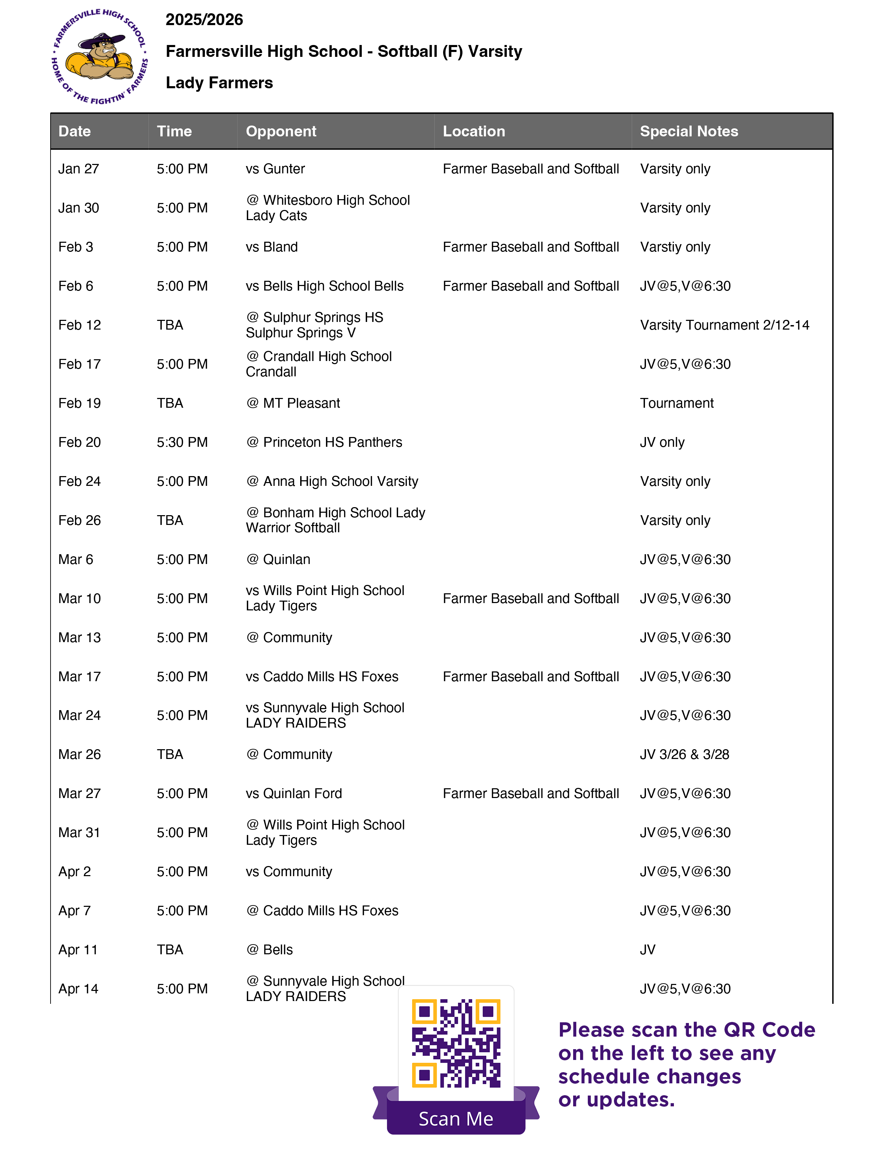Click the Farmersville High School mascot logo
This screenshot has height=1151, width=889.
pos(100,57)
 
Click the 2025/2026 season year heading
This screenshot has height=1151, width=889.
pos(204,20)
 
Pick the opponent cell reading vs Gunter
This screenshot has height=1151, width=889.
pos(275,169)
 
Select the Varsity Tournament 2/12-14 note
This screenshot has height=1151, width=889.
pos(724,325)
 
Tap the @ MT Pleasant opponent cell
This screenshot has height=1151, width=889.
pos(293,403)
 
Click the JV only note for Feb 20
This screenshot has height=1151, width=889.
pos(662,442)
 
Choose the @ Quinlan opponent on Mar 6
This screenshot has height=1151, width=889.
pos(278,559)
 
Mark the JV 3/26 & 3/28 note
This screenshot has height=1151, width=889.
pos(684,754)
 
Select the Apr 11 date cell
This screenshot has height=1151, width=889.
pos(78,950)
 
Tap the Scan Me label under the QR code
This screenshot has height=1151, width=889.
pos(456,1118)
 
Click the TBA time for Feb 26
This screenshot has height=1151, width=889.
pos(169,520)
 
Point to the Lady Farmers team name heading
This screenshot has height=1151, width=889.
pos(219,83)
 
